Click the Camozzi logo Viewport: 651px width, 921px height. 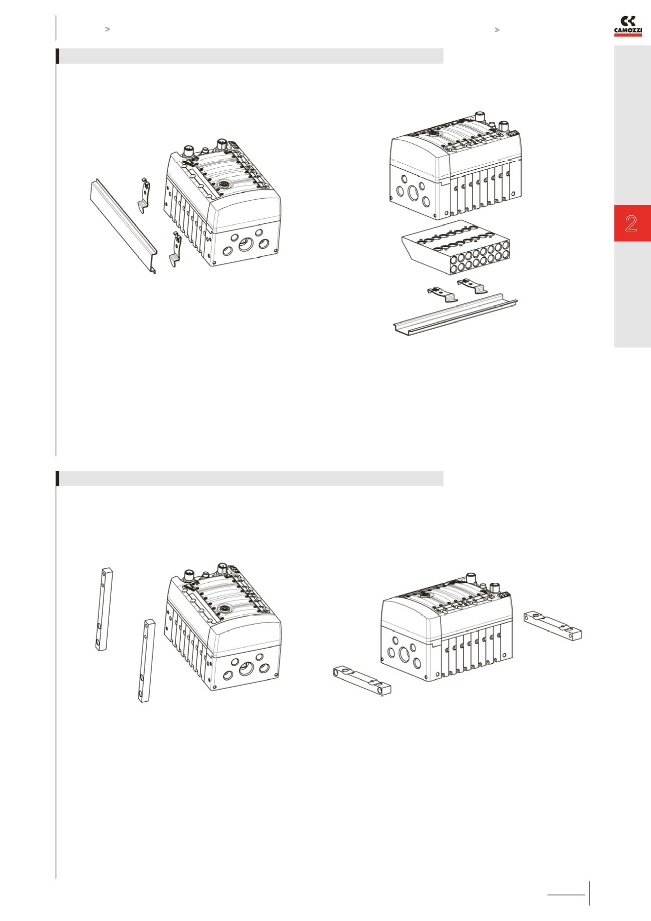628,26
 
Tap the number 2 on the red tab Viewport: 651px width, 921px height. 631,223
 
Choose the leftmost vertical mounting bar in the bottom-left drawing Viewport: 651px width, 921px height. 104,608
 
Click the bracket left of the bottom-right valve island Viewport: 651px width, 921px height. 362,680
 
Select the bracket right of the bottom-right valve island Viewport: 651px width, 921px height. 553,626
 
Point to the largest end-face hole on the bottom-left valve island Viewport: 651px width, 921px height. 245,669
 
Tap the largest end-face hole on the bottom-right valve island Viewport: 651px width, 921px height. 404,655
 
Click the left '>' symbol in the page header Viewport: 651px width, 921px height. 107,30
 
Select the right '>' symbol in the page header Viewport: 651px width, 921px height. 497,30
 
